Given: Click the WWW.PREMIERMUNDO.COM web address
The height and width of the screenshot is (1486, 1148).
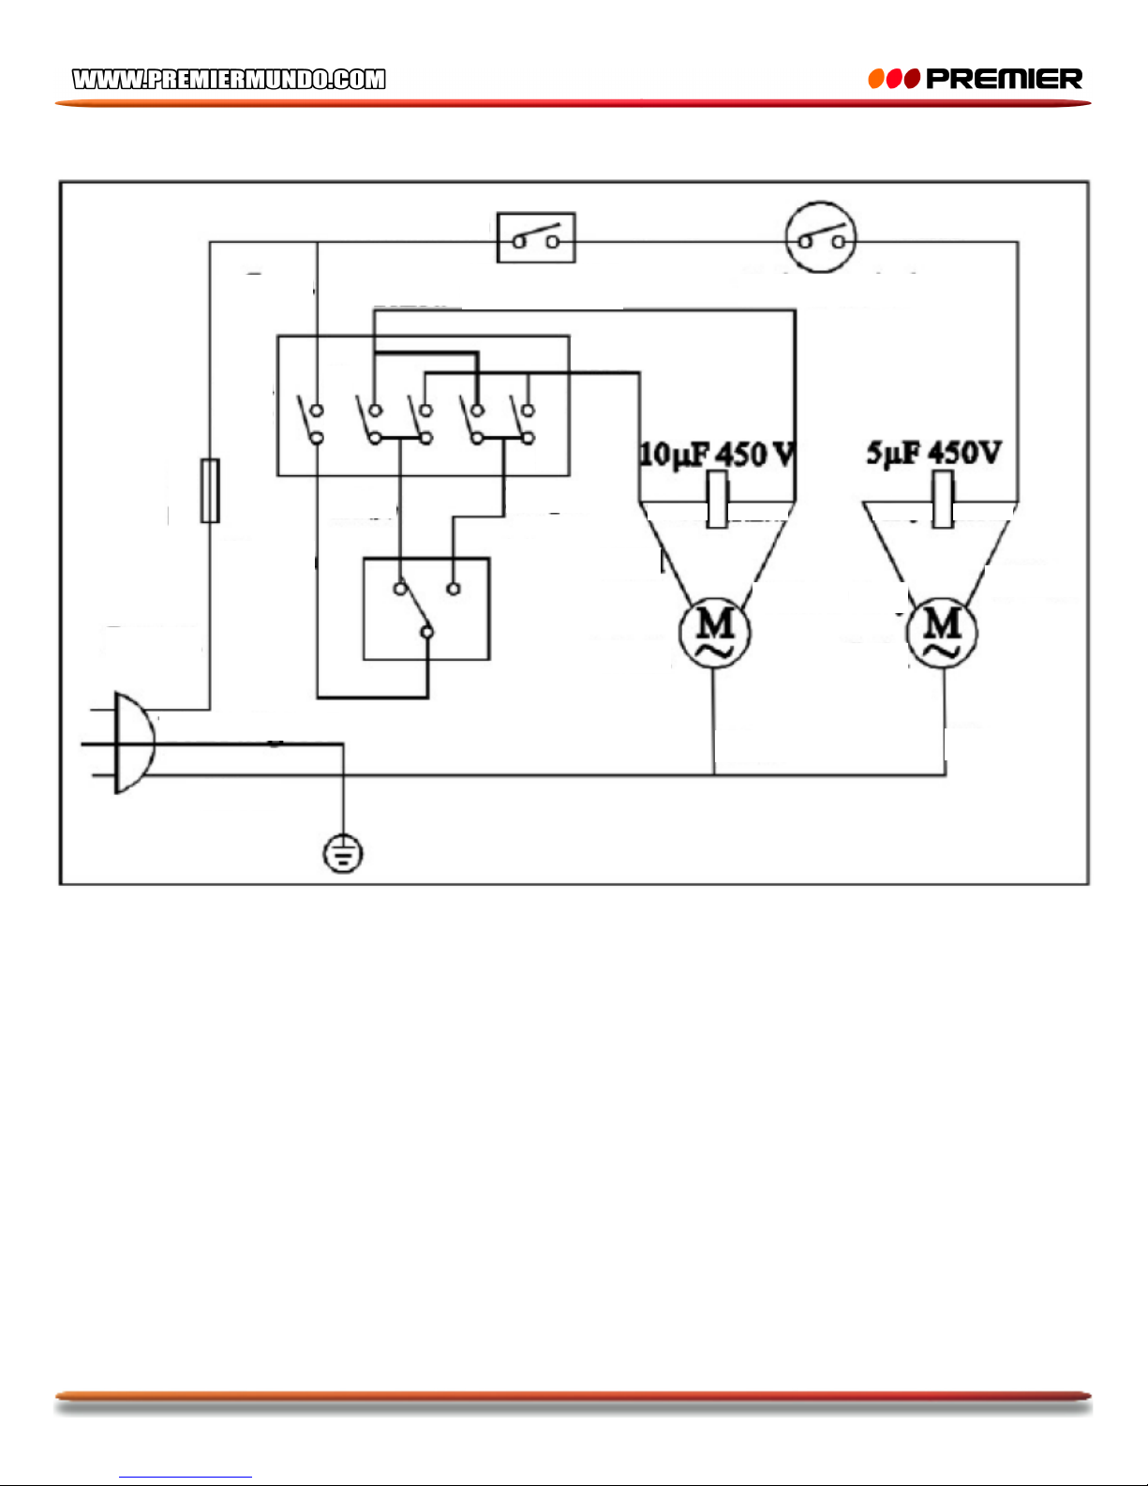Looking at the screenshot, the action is pyautogui.click(x=229, y=80).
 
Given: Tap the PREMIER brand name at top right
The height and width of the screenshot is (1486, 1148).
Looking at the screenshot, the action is pyautogui.click(x=1004, y=79).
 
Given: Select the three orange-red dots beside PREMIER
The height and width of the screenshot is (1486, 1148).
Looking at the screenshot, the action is pyautogui.click(x=894, y=79).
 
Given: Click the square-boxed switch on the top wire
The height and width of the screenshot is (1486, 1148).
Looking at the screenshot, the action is pyautogui.click(x=536, y=237).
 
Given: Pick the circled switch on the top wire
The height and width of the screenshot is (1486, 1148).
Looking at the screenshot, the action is pyautogui.click(x=821, y=237).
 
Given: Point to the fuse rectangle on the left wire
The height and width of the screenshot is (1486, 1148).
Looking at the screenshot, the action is pyautogui.click(x=210, y=490).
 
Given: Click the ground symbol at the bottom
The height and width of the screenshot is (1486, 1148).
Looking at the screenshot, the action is pyautogui.click(x=343, y=853).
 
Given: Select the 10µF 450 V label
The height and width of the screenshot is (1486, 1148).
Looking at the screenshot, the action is pyautogui.click(x=718, y=454).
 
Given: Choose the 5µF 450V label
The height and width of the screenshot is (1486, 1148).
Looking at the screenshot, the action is pyautogui.click(x=934, y=453).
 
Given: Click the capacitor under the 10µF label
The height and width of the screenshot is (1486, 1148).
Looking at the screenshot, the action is pyautogui.click(x=718, y=499).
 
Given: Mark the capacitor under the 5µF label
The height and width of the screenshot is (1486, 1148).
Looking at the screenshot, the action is pyautogui.click(x=943, y=499).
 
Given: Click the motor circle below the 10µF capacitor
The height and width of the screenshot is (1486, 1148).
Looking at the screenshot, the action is pyautogui.click(x=715, y=633).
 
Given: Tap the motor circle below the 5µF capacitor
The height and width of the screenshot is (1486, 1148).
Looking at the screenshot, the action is pyautogui.click(x=943, y=633).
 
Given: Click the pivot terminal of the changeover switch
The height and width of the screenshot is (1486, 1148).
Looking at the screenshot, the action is pyautogui.click(x=427, y=633).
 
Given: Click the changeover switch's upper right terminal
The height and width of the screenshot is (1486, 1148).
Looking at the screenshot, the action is pyautogui.click(x=453, y=588).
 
